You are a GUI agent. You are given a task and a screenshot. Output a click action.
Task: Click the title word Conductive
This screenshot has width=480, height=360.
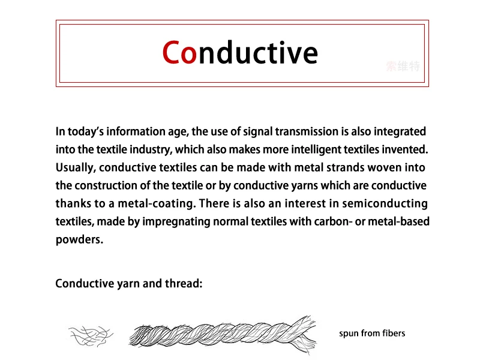point(240,53)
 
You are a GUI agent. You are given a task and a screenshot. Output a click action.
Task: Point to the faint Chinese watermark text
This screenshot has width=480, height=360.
point(403,66)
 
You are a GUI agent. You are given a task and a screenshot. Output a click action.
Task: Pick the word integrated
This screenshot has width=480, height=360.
point(401,131)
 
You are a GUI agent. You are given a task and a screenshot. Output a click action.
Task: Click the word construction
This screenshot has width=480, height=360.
point(103,185)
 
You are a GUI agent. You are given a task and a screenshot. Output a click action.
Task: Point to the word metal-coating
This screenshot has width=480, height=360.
point(172,203)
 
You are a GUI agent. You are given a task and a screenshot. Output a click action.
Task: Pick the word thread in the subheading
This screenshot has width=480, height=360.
point(182,283)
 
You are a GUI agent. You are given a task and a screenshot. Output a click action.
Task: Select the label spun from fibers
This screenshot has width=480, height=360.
point(372,333)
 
